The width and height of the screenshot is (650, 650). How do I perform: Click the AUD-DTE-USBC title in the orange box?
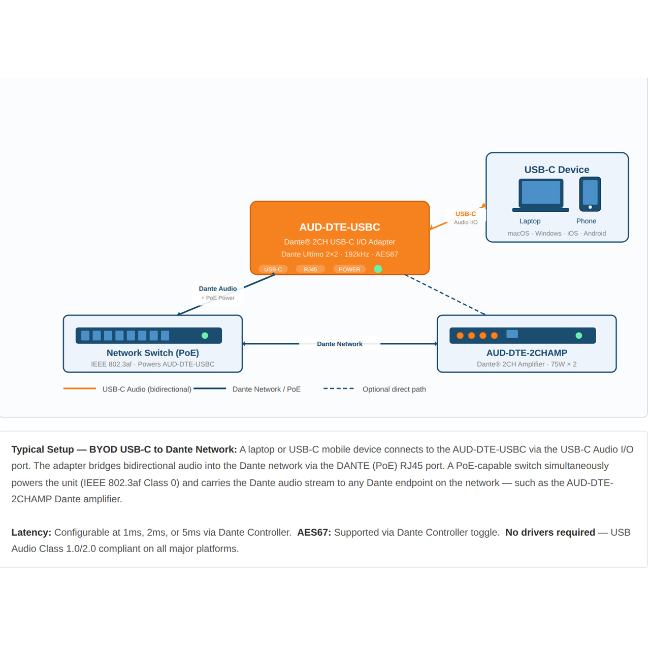click(x=339, y=227)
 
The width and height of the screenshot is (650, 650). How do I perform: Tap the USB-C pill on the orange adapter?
click(x=273, y=269)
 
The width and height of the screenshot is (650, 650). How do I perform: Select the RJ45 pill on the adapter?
click(x=310, y=269)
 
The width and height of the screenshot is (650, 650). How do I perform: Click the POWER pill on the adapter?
click(x=349, y=269)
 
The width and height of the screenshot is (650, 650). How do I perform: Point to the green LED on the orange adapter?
click(x=378, y=269)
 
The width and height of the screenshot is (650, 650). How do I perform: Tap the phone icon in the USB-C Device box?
click(x=590, y=194)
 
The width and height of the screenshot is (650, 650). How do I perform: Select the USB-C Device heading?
click(x=557, y=170)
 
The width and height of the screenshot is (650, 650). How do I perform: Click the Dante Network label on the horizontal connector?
click(x=339, y=344)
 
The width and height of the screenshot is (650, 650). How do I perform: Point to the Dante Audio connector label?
click(x=217, y=289)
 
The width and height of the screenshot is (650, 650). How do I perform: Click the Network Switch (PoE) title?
click(x=152, y=353)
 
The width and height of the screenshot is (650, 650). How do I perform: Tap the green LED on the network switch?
click(x=205, y=336)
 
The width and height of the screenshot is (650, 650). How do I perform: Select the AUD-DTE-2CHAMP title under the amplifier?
click(x=527, y=353)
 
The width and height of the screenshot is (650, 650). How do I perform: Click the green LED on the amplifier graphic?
click(x=578, y=336)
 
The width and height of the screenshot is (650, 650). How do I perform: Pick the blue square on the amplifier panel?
click(x=512, y=334)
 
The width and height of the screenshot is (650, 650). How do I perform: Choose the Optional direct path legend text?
click(x=394, y=389)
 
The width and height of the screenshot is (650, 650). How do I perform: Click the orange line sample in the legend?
click(x=80, y=388)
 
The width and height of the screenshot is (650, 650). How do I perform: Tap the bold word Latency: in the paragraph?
click(x=31, y=532)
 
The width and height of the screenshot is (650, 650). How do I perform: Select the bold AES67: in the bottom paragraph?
click(x=314, y=532)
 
